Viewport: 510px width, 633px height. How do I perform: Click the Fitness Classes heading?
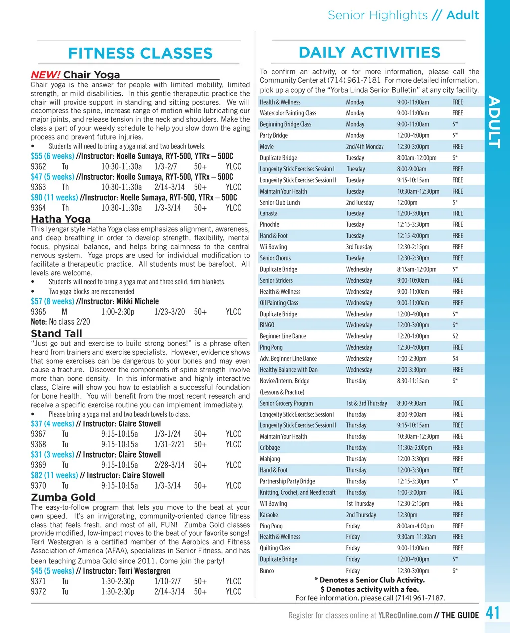coord(140,53)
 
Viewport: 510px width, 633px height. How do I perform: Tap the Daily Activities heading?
coord(369,52)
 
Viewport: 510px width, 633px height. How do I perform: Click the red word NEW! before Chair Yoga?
coord(46,75)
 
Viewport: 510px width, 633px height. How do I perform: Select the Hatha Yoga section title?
coord(61,219)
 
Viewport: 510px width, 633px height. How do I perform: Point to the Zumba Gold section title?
coord(63,497)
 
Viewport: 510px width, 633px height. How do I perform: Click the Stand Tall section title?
coord(56,333)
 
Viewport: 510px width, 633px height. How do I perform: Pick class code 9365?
coord(38,312)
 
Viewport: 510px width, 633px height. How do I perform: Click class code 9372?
coord(38,592)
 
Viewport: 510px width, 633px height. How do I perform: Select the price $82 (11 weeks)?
coord(54,475)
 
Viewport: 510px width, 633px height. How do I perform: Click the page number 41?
coord(493,613)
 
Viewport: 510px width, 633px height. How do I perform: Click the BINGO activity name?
coord(267,325)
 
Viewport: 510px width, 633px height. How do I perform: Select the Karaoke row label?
coord(269,515)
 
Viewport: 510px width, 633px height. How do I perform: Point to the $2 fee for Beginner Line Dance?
coord(455,336)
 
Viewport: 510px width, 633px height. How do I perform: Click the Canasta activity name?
coord(269,213)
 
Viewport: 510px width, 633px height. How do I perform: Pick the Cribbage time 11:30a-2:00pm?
coord(414,448)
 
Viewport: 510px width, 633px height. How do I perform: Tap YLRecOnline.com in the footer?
coord(405,615)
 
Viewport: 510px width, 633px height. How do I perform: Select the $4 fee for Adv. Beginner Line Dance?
coord(455,358)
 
